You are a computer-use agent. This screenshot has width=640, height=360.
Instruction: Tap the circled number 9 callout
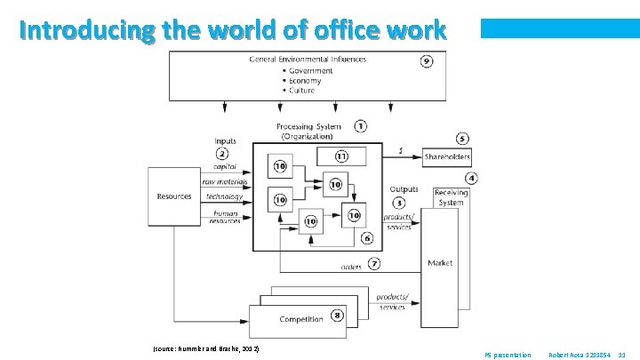(427, 62)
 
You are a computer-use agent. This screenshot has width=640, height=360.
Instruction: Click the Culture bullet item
(301, 90)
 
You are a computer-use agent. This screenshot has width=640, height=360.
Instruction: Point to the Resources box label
(174, 196)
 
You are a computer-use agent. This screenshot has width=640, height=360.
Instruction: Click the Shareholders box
(446, 157)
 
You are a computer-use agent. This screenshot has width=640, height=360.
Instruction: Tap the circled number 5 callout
(461, 140)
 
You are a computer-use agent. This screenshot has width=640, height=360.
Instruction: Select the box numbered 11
(340, 156)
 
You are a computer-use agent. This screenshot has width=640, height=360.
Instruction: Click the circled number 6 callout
(367, 238)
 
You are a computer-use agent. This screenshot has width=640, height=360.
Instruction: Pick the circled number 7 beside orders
(374, 263)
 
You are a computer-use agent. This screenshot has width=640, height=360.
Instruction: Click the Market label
(440, 263)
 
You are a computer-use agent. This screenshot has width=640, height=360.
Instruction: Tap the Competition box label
(301, 319)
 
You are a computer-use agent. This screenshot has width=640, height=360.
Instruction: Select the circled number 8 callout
(338, 316)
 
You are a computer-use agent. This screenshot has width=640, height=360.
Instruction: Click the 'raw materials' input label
(225, 181)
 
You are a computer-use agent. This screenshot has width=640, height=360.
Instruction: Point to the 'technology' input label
(224, 196)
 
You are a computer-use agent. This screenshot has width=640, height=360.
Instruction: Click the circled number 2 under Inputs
(221, 154)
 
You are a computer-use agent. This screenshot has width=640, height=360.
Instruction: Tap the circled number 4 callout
(471, 179)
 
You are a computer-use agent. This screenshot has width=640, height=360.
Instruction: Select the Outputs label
(404, 189)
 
